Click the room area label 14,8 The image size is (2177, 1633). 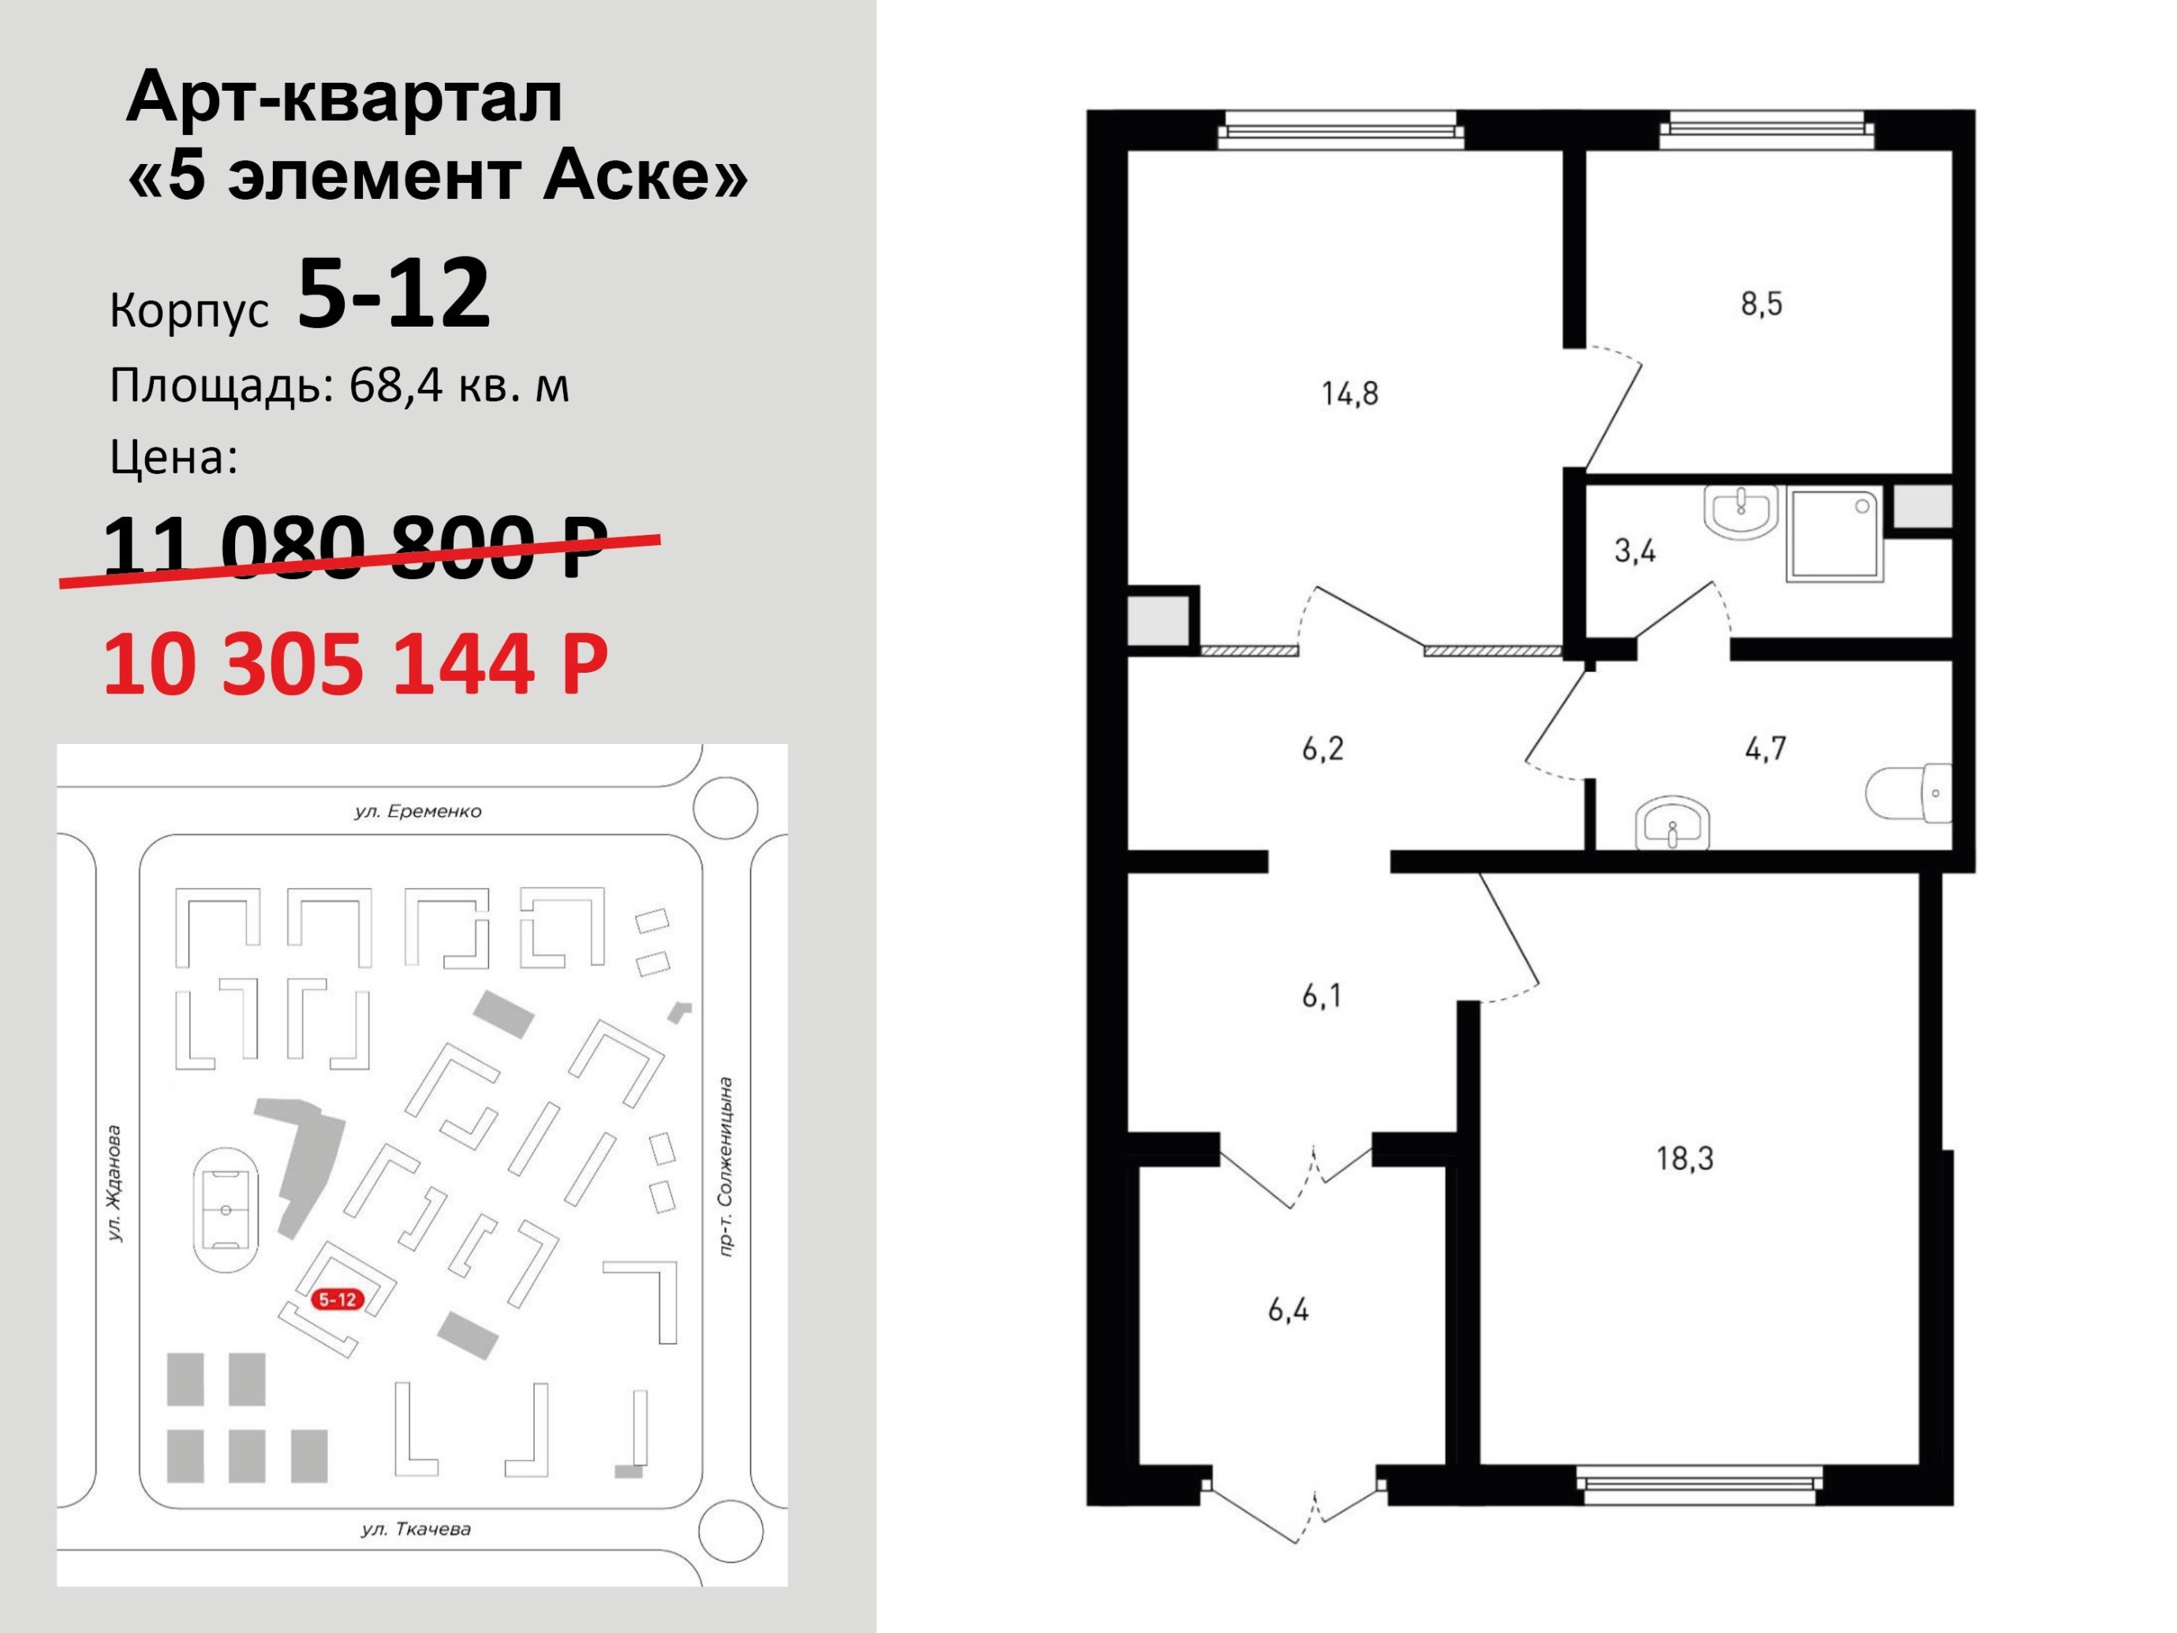point(1350,394)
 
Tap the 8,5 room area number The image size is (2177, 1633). point(1761,305)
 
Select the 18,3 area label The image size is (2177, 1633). point(1684,1159)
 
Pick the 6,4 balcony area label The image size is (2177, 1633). point(1287,1310)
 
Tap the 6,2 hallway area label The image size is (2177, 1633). point(1322,749)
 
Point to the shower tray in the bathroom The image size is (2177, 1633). point(1835,532)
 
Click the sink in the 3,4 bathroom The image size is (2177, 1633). point(1740,511)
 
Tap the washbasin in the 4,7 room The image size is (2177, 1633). point(1672,825)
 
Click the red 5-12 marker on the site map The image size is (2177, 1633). point(337,1299)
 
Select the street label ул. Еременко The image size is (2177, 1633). point(418,812)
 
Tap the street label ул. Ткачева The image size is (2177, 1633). point(416,1529)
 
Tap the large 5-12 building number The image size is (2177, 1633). point(394,293)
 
